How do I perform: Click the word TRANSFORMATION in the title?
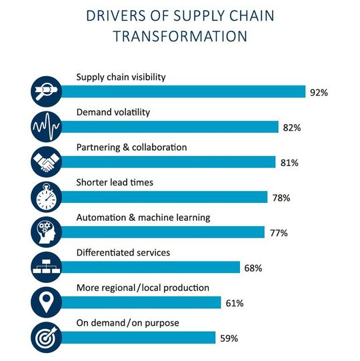click(x=179, y=37)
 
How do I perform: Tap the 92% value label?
click(x=319, y=93)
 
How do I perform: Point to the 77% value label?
click(x=279, y=233)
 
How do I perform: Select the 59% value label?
click(x=229, y=338)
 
